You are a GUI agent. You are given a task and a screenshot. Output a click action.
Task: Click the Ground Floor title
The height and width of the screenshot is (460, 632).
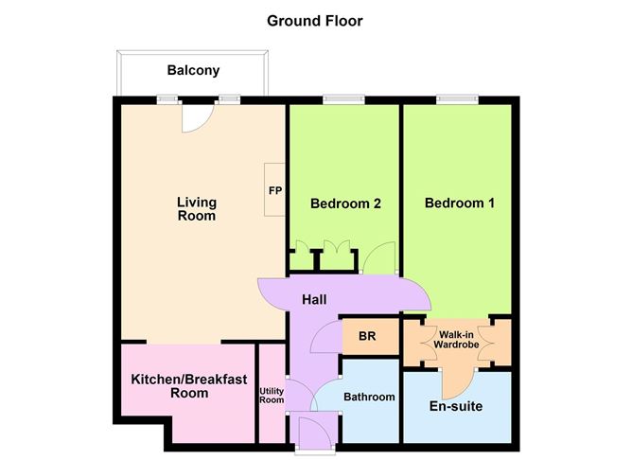click(314, 21)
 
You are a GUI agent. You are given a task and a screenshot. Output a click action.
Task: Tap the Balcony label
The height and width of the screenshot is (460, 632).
click(193, 70)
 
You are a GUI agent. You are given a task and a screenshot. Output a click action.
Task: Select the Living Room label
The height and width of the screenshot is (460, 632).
click(197, 209)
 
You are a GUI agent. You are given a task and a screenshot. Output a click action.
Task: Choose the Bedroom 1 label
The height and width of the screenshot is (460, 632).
click(459, 203)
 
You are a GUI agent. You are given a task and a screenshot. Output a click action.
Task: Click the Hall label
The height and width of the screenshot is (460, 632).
click(314, 300)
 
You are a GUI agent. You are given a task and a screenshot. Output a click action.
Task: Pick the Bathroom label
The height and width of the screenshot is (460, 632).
click(369, 397)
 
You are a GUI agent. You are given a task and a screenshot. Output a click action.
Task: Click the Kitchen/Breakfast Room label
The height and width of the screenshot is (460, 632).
click(188, 385)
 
